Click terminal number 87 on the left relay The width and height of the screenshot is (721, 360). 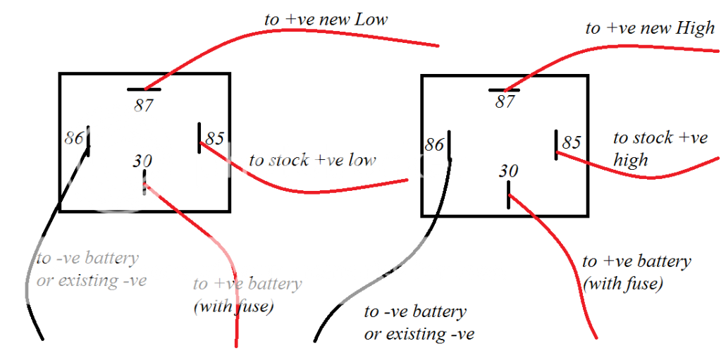(144, 106)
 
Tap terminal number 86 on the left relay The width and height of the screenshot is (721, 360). (73, 137)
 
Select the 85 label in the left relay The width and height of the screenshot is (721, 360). (215, 137)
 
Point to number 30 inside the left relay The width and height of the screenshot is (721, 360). (142, 161)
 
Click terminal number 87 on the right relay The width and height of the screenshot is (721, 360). (505, 101)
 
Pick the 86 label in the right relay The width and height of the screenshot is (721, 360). (434, 144)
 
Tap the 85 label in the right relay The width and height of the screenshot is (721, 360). (572, 143)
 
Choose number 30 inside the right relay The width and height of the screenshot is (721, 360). (508, 170)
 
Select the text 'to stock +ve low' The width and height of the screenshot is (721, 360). (312, 161)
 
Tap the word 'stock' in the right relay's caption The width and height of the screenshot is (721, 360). (652, 138)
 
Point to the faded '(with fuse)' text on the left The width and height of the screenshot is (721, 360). (233, 306)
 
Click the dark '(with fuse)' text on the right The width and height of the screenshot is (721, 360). (622, 284)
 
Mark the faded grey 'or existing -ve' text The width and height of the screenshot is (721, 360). (92, 280)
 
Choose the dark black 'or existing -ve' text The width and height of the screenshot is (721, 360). (419, 333)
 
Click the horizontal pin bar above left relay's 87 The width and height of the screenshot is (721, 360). (144, 89)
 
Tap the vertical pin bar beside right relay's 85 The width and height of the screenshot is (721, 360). (556, 144)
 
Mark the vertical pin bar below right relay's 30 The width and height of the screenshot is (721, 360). (508, 195)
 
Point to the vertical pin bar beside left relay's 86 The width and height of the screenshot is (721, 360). (89, 141)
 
